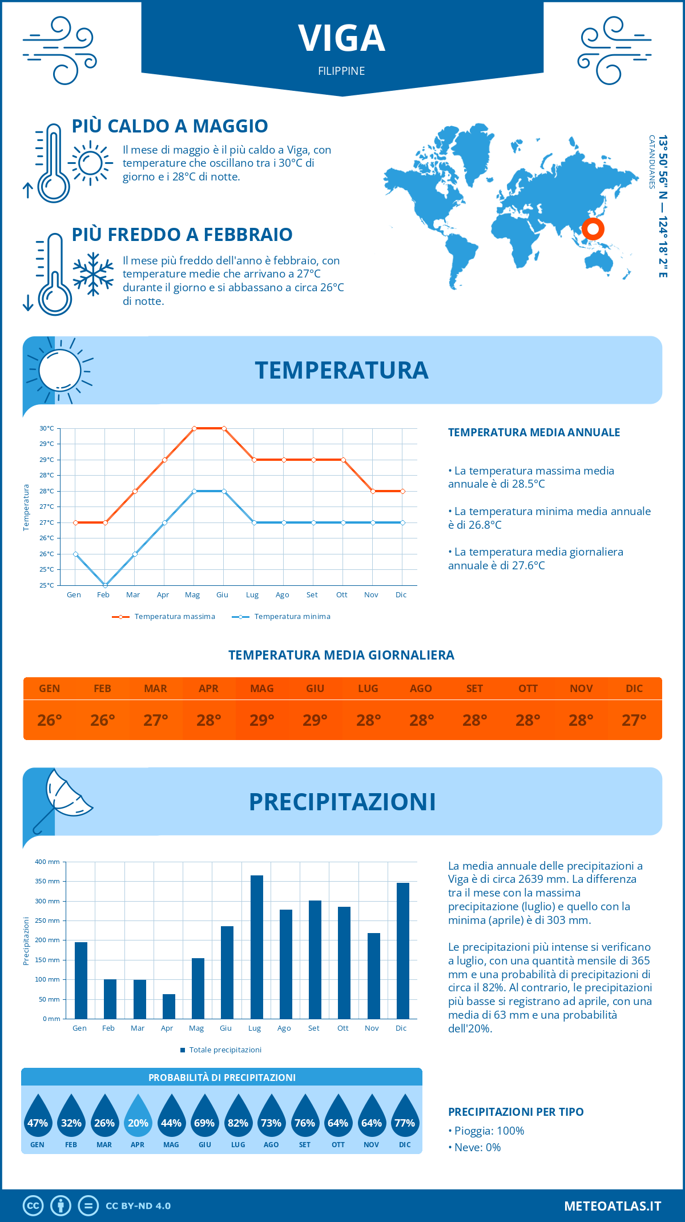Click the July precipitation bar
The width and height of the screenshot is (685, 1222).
click(x=257, y=947)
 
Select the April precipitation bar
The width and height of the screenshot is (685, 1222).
click(x=169, y=1006)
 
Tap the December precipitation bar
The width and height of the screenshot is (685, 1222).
click(x=403, y=951)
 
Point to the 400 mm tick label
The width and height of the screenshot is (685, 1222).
click(x=47, y=862)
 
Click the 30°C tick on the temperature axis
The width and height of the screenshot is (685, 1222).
click(x=47, y=428)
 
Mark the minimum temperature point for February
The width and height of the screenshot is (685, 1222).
click(x=105, y=585)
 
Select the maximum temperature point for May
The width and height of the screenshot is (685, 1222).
click(x=194, y=428)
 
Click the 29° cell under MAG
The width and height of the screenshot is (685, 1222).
click(x=262, y=720)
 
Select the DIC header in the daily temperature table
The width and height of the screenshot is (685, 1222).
click(x=634, y=689)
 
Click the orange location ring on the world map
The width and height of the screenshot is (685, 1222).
click(x=593, y=229)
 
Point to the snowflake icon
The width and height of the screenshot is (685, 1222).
click(x=93, y=274)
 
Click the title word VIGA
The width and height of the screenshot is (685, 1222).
click(x=342, y=39)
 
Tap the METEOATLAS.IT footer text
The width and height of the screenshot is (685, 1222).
click(x=613, y=1206)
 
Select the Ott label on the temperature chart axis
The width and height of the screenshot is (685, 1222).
click(x=341, y=595)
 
